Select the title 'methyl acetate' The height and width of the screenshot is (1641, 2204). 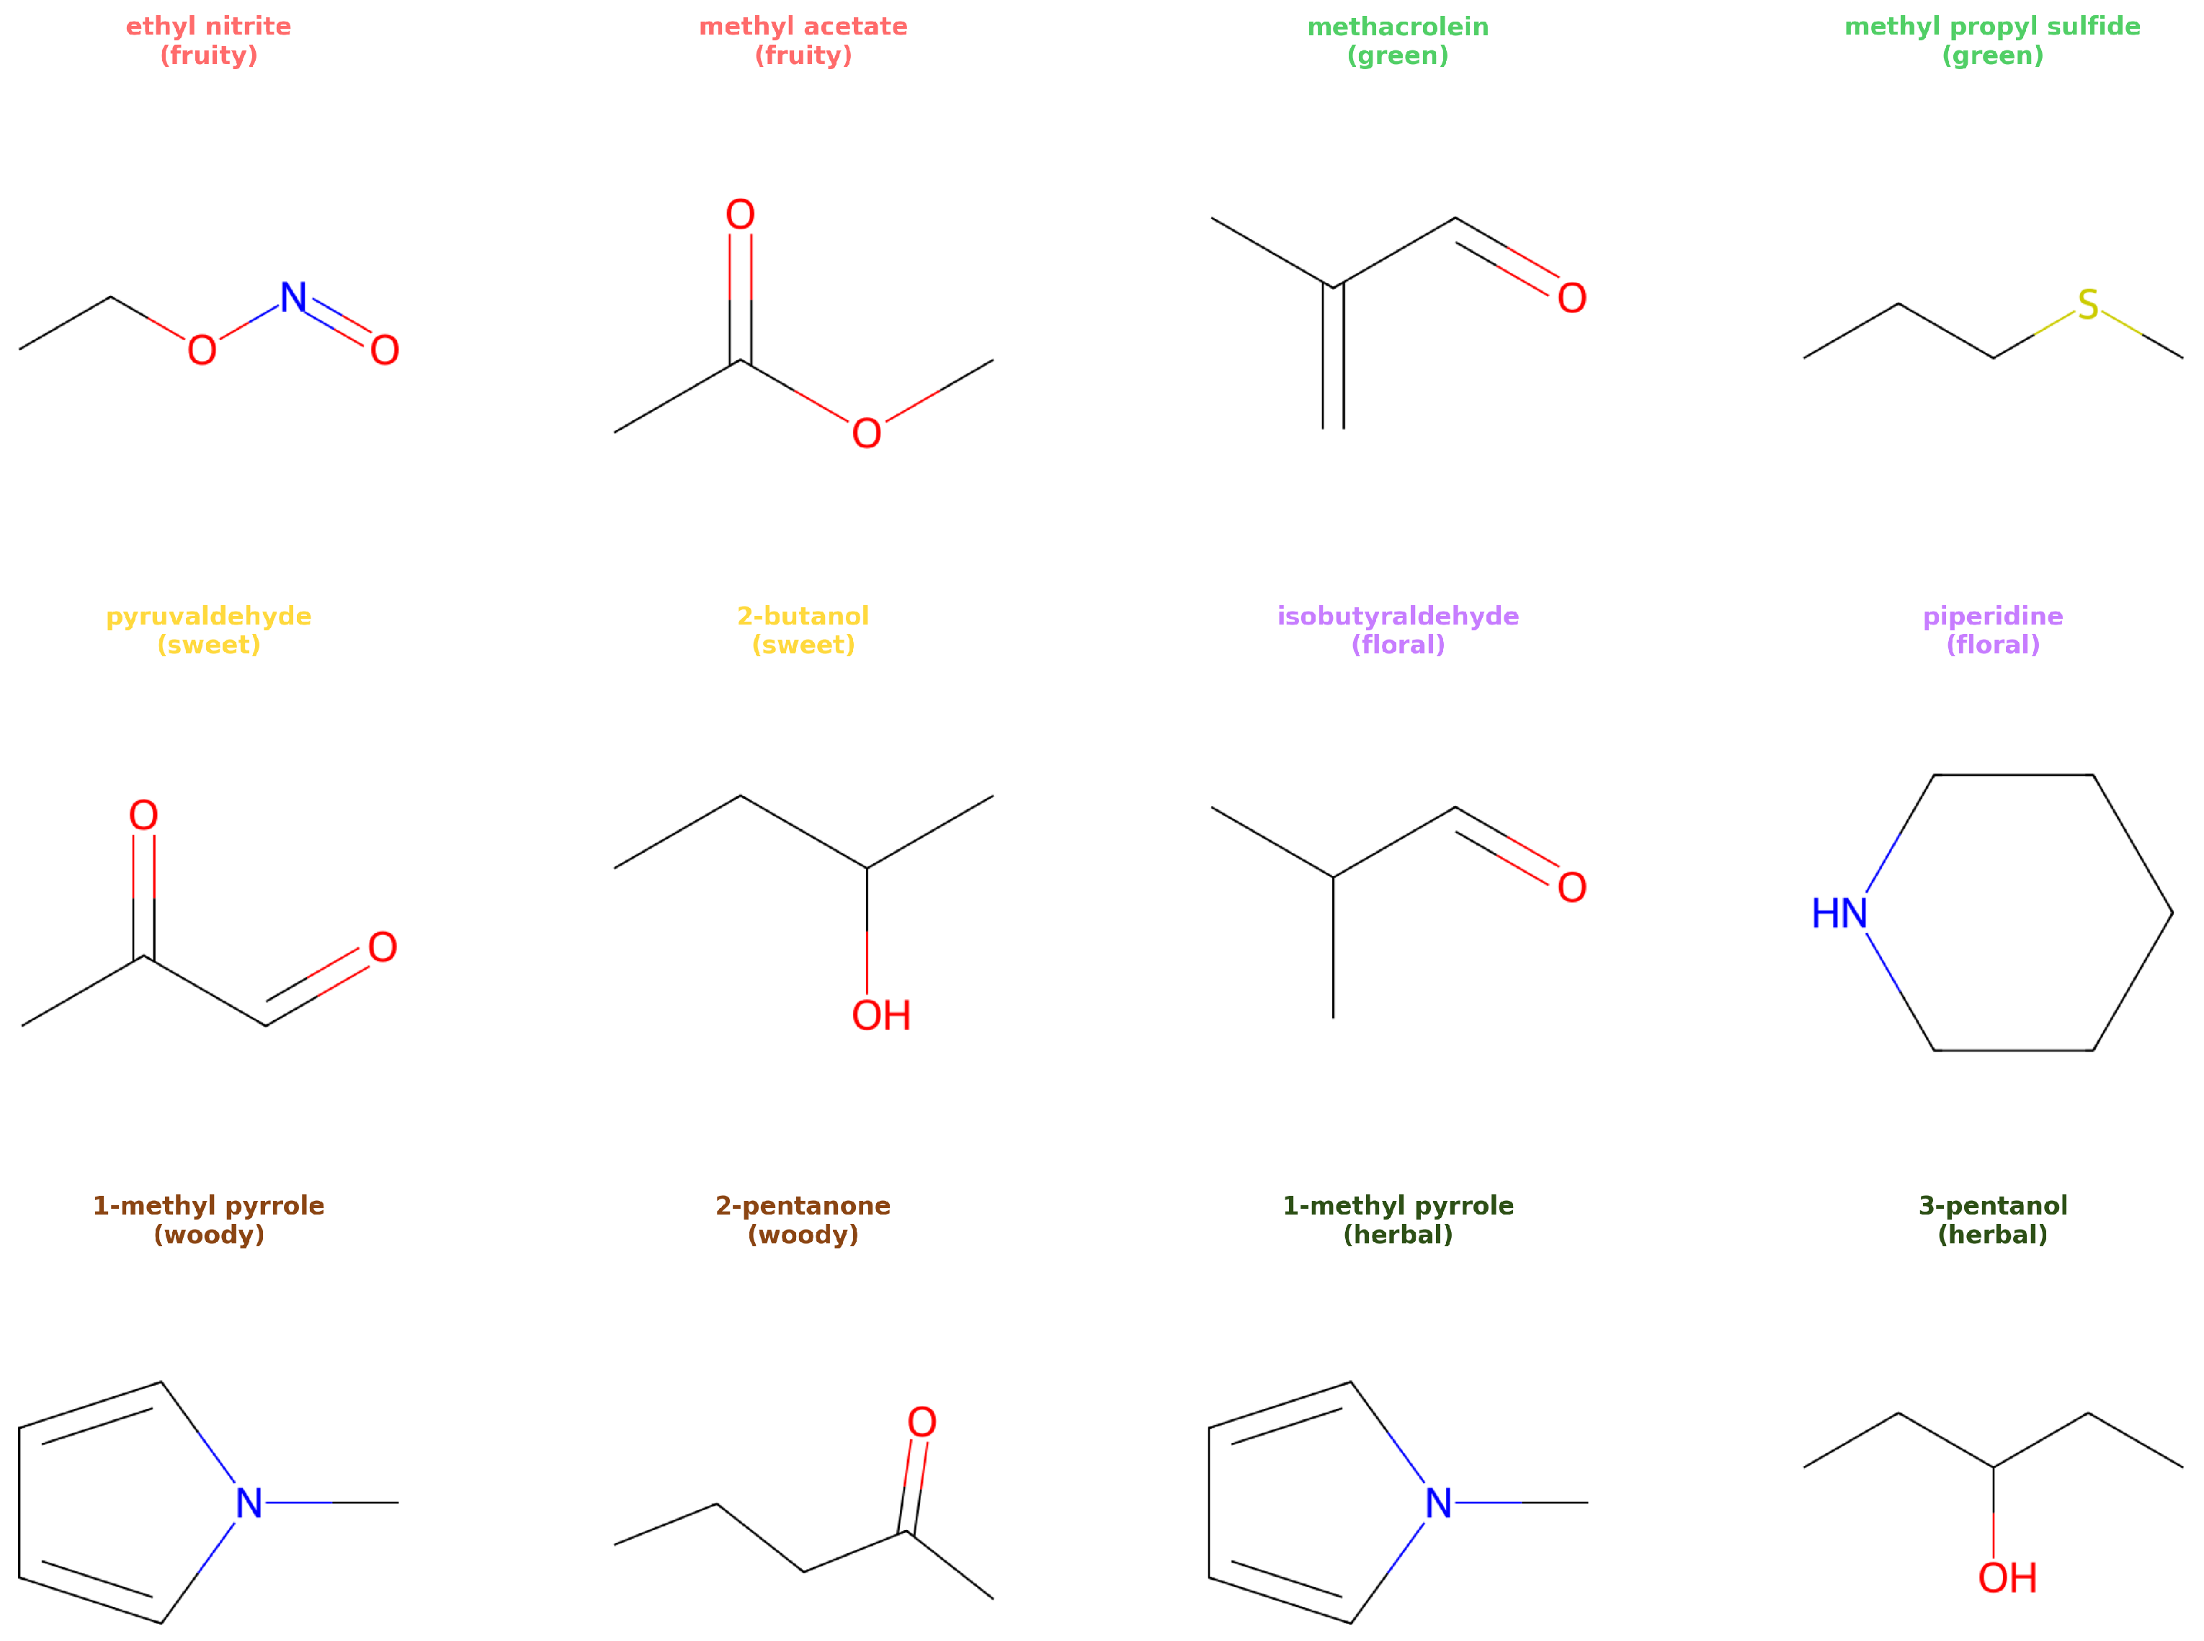pos(803,27)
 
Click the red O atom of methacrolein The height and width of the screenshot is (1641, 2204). pos(1571,298)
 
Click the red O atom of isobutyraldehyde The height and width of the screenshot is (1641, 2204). pos(1571,887)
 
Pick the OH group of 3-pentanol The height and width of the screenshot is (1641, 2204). pos(2007,1578)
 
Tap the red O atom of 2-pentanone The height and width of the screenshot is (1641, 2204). pos(922,1423)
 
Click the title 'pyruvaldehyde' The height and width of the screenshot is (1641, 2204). pos(208,616)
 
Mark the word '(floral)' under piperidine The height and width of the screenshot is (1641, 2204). pos(1992,645)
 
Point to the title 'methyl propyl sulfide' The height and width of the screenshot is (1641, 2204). pos(1991,27)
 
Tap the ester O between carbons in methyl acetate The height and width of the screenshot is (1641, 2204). pos(866,433)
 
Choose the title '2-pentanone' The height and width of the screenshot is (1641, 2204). pos(803,1206)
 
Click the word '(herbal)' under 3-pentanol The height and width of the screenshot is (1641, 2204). pos(1992,1235)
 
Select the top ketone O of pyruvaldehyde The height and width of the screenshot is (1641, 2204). pos(144,815)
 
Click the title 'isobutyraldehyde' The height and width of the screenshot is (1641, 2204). pos(1398,616)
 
